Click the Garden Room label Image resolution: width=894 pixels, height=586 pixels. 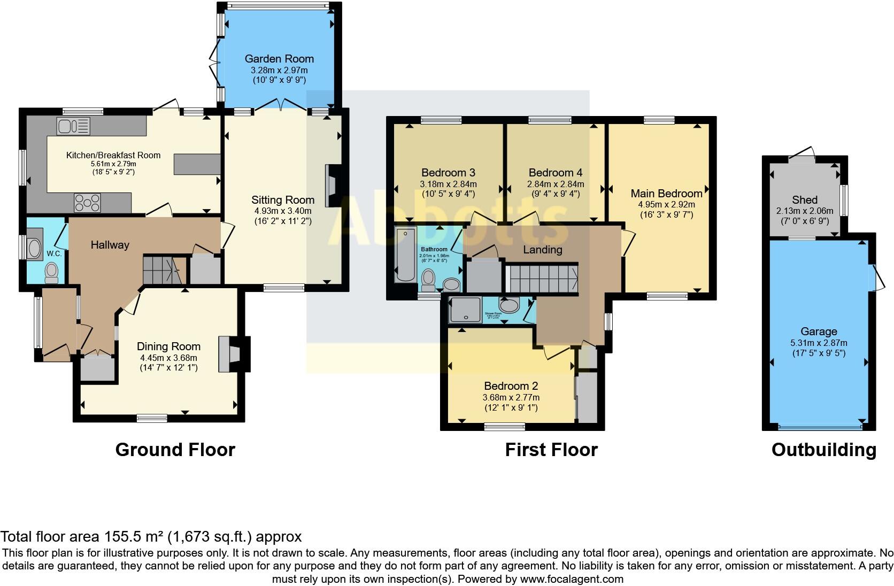pyautogui.click(x=279, y=59)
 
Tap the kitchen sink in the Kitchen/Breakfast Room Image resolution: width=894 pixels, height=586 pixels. pyautogui.click(x=73, y=127)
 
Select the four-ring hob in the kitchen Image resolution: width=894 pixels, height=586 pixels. pyautogui.click(x=87, y=203)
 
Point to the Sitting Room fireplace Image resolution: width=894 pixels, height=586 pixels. pyautogui.click(x=332, y=186)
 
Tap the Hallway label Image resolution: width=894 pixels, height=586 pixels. pyautogui.click(x=110, y=245)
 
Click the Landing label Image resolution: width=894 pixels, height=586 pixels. pyautogui.click(x=542, y=250)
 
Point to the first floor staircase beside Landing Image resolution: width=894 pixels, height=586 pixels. pyautogui.click(x=542, y=278)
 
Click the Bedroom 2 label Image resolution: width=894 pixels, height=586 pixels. pyautogui.click(x=511, y=386)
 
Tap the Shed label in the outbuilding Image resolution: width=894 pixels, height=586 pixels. pyautogui.click(x=804, y=200)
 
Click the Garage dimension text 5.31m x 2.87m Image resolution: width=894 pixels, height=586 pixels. pyautogui.click(x=819, y=343)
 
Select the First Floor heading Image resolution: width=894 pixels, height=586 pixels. pyautogui.click(x=551, y=450)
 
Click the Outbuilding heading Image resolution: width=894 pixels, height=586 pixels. pyautogui.click(x=823, y=450)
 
